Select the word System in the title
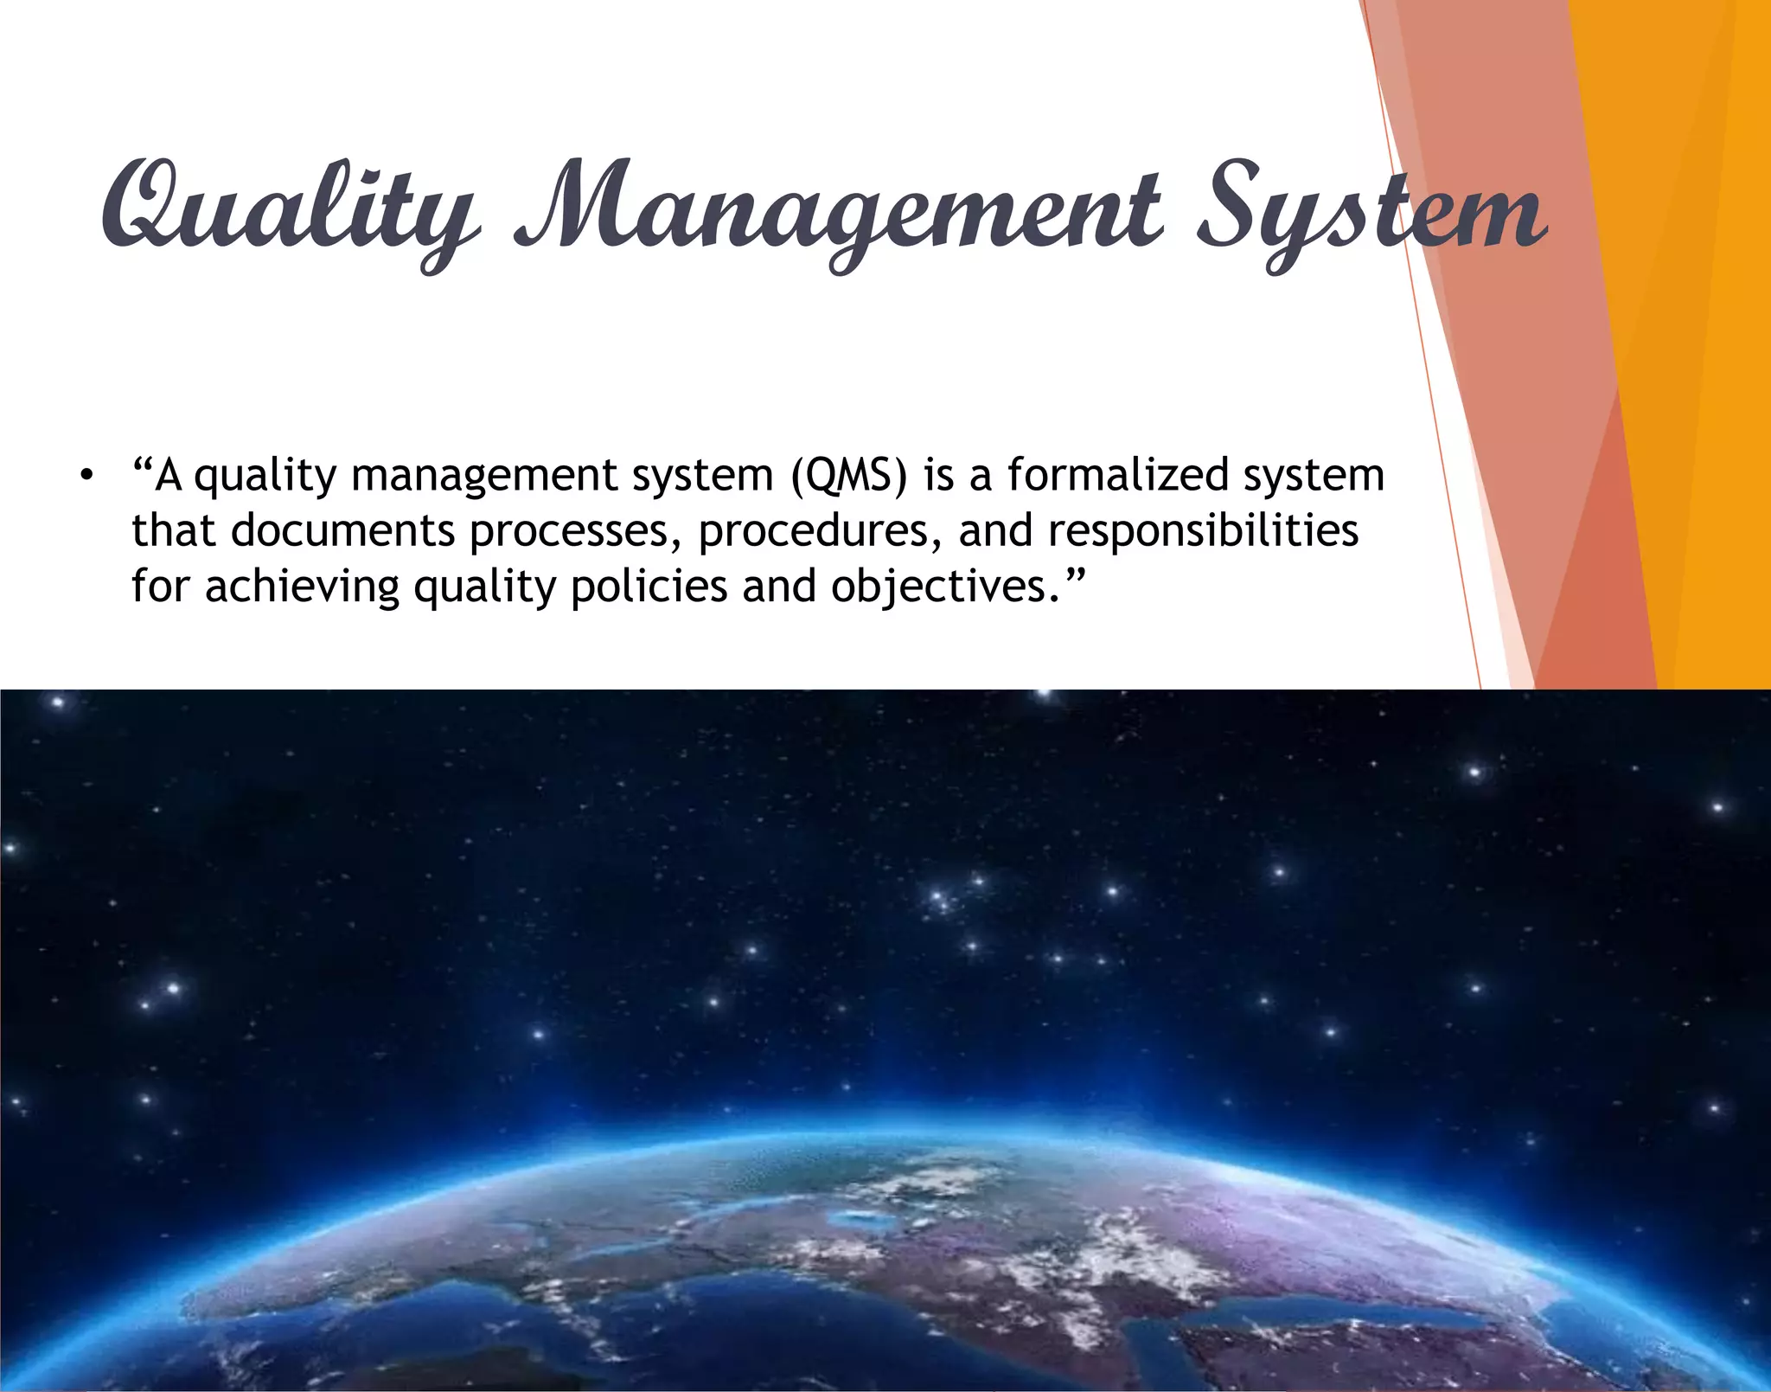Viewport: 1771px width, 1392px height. (x=1371, y=212)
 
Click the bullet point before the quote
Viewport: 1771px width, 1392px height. (x=85, y=477)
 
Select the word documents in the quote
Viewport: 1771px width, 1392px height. (x=342, y=530)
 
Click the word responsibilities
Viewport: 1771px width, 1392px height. (x=1203, y=532)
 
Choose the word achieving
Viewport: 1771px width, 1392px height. (x=303, y=587)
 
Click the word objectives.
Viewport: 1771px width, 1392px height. (x=939, y=587)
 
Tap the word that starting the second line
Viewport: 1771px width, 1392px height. (x=173, y=530)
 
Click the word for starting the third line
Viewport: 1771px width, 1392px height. (x=161, y=587)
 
